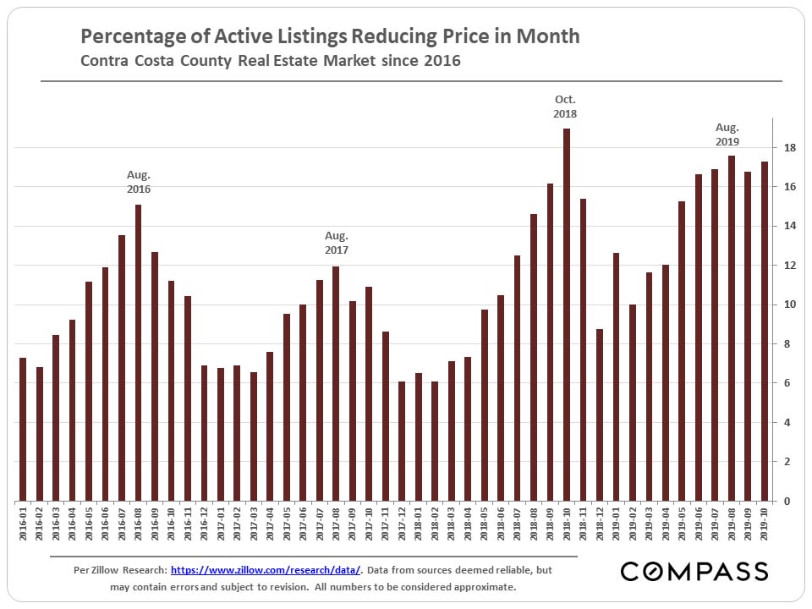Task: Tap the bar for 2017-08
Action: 336,384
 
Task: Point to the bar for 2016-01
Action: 23,430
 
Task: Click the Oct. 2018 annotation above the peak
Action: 566,107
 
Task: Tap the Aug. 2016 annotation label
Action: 139,182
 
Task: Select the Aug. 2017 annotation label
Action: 336,244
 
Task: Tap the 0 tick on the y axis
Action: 787,502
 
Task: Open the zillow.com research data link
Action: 266,571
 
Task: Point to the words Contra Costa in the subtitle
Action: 128,61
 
